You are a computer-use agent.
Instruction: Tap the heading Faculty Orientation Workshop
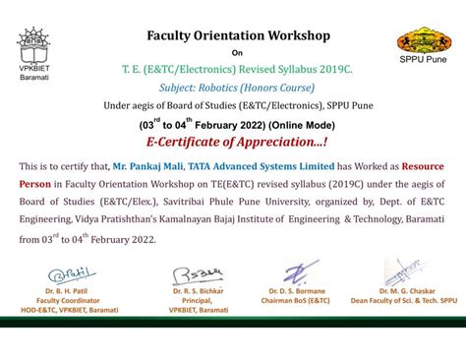click(x=238, y=36)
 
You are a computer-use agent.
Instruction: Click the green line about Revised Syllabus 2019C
click(x=238, y=72)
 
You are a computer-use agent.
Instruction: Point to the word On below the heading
click(x=236, y=54)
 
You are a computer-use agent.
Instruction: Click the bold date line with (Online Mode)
click(x=238, y=126)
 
